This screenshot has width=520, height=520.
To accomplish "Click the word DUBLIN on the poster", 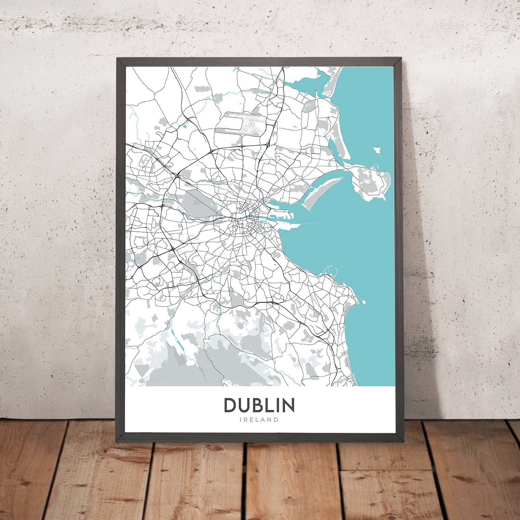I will pyautogui.click(x=259, y=405).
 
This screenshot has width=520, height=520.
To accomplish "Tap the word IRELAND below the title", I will pyautogui.click(x=259, y=420).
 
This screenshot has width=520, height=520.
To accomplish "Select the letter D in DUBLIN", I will pyautogui.click(x=230, y=405).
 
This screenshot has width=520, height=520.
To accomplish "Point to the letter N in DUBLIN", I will pyautogui.click(x=288, y=405).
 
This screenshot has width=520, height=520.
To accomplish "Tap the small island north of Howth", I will pyautogui.click(x=377, y=149).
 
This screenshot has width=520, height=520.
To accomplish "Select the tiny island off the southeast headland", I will pyautogui.click(x=363, y=302).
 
